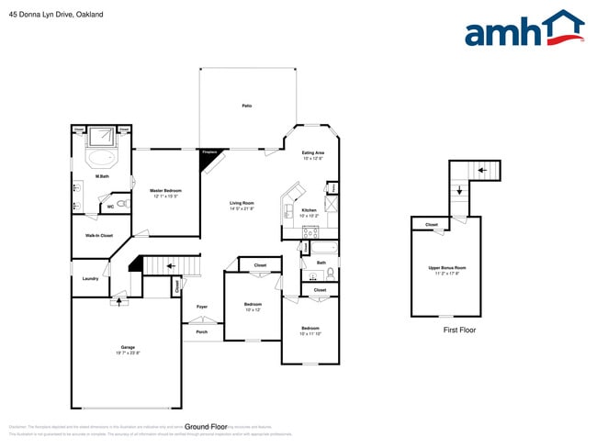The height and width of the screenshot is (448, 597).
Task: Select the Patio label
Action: (247, 106)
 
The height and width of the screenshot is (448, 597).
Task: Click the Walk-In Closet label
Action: (99, 236)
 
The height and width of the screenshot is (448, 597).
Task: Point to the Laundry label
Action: (90, 278)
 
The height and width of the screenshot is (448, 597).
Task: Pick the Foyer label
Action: (202, 306)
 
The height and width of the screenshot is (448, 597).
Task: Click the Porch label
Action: (202, 331)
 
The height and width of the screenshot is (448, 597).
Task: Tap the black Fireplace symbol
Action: (210, 157)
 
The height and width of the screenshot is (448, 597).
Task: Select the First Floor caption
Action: (459, 330)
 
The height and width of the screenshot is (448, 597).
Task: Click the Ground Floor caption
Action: (206, 427)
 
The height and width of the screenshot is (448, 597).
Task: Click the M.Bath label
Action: (103, 176)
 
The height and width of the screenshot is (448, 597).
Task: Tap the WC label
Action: (110, 207)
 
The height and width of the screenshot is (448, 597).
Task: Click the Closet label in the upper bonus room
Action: (431, 225)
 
